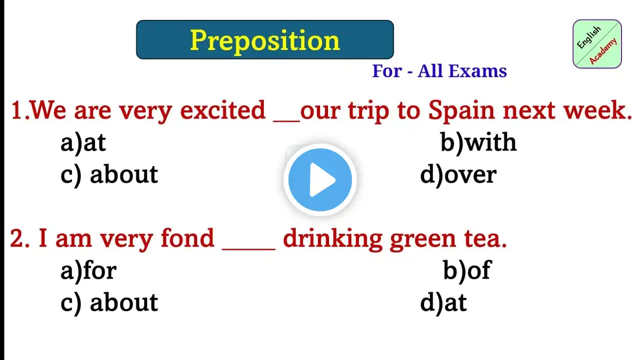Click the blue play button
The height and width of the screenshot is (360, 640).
point(320,179)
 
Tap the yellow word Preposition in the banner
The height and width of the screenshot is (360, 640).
point(265,41)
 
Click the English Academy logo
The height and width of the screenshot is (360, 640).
point(597,44)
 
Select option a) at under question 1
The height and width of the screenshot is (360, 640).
point(83,143)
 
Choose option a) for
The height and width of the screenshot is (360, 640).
point(88,270)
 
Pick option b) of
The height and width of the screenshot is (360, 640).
point(467,270)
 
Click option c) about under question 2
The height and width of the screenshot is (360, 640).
point(109,302)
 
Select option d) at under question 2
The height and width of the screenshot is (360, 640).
point(443,302)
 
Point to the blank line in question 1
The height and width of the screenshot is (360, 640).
point(286,122)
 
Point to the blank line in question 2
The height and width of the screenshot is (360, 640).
point(248,249)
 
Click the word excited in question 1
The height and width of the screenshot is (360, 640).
point(223,110)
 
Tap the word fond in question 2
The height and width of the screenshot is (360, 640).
point(187,238)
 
